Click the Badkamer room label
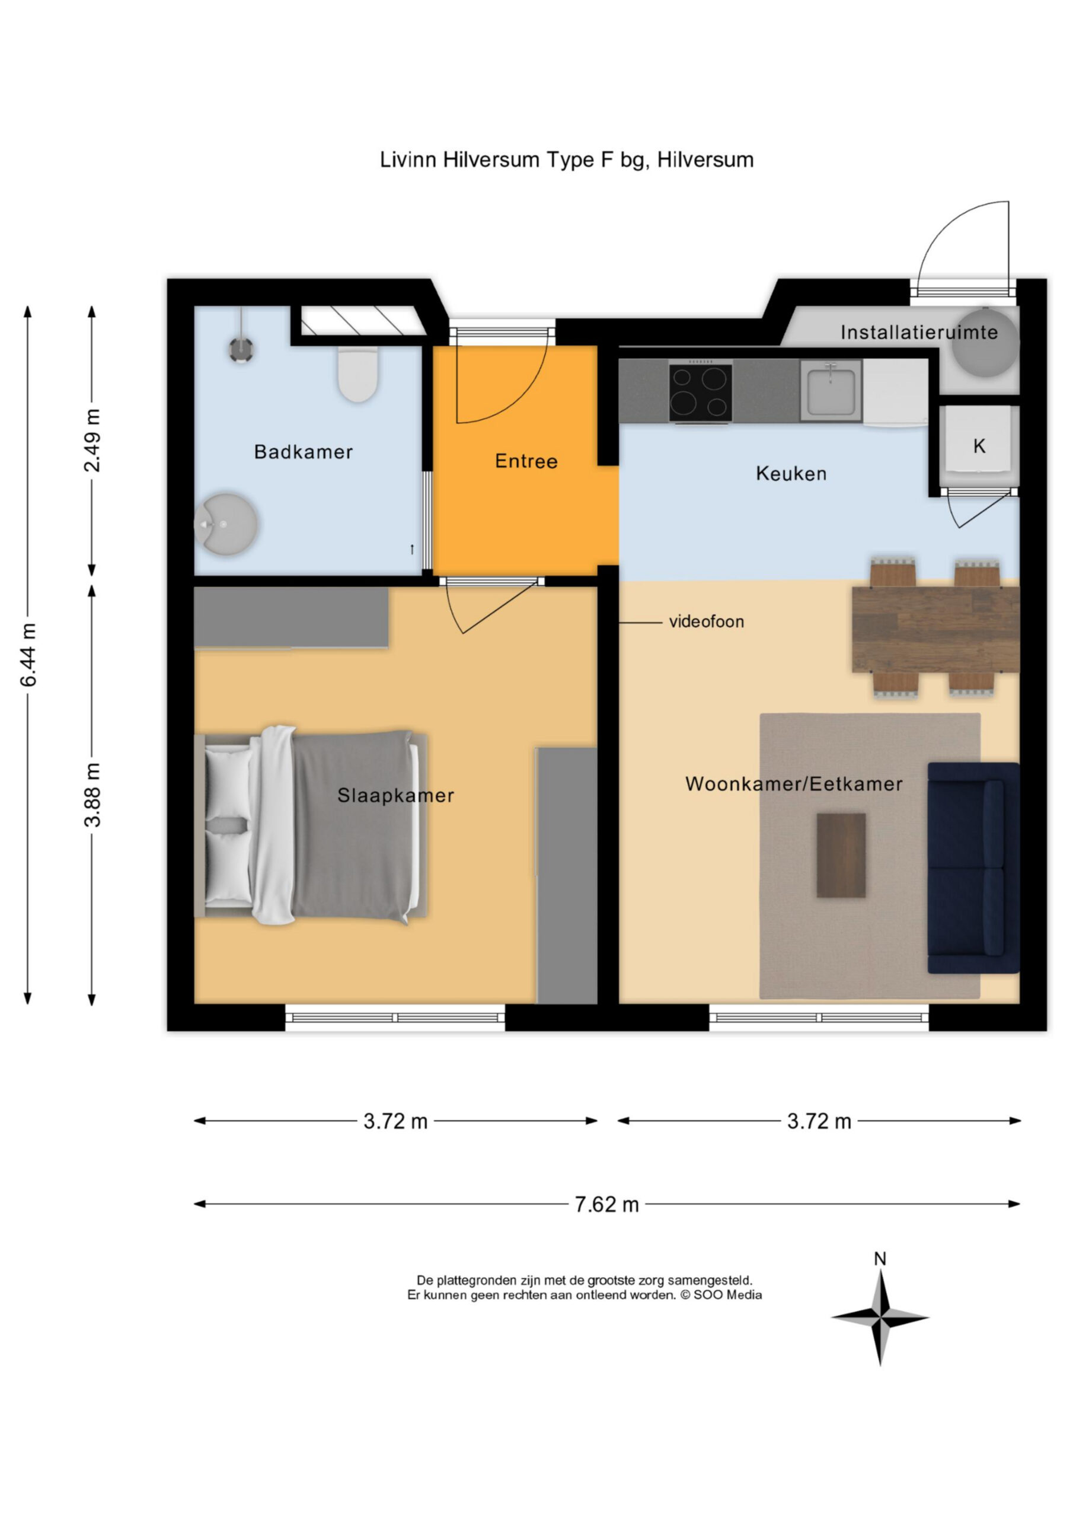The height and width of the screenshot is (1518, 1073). click(x=304, y=452)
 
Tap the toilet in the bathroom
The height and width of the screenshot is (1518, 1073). click(x=357, y=374)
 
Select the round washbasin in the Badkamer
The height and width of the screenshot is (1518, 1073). click(x=225, y=524)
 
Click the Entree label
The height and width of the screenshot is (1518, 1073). click(x=526, y=461)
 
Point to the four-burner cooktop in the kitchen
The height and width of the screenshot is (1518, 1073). click(x=700, y=392)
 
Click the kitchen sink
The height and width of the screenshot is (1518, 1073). click(x=831, y=391)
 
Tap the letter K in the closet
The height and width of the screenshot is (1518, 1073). click(x=979, y=447)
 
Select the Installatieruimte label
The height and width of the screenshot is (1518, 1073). click(x=919, y=332)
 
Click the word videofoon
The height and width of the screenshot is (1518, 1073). click(x=707, y=621)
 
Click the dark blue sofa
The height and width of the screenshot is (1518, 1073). click(x=973, y=868)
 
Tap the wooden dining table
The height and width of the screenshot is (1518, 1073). click(x=935, y=629)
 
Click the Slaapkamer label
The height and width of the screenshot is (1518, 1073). click(x=395, y=795)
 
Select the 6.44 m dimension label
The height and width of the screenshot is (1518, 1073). click(x=28, y=655)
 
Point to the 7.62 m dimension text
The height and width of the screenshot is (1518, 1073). click(x=606, y=1204)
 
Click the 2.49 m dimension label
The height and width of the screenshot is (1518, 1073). click(x=92, y=441)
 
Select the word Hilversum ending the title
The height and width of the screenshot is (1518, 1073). click(x=705, y=160)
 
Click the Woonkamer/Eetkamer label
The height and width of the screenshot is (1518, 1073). click(x=793, y=784)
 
